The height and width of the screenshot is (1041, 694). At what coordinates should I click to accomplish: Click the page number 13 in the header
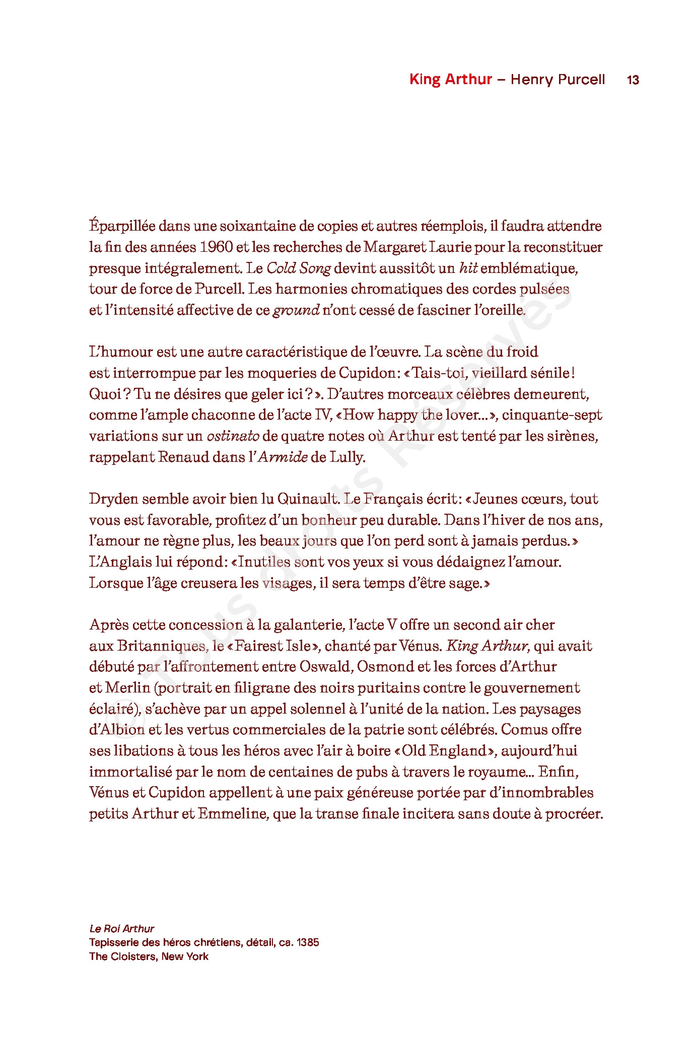(633, 80)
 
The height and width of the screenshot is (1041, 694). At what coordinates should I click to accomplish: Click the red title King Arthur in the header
(450, 80)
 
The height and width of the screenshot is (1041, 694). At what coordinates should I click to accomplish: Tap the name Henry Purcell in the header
(558, 80)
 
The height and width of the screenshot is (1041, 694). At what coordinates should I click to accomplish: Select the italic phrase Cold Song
(298, 268)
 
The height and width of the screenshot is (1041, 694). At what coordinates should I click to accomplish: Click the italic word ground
(296, 310)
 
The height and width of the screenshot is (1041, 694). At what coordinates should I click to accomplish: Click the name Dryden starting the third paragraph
(113, 499)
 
